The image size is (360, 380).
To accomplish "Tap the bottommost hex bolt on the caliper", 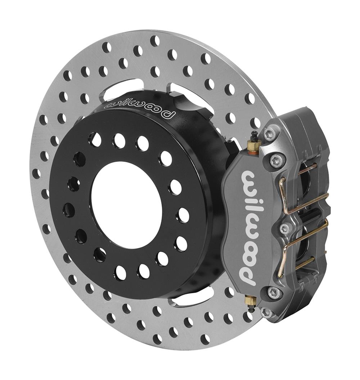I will pos(266,312).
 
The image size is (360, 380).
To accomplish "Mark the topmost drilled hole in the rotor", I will pos(155,41).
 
